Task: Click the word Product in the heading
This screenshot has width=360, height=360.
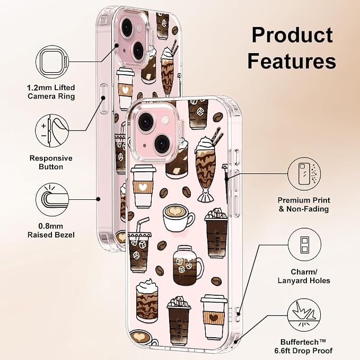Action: tap(292, 35)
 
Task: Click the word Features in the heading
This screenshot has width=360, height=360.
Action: tap(292, 61)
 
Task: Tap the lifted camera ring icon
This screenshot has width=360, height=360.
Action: tap(52, 62)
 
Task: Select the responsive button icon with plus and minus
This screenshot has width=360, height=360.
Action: tap(52, 131)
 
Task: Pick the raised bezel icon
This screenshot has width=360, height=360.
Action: tap(52, 199)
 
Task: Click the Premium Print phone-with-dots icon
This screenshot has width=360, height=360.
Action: tap(304, 174)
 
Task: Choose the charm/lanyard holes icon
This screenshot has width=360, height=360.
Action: tap(304, 244)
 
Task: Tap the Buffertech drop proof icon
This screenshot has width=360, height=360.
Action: tap(304, 315)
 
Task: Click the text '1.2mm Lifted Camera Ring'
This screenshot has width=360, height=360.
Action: tap(51, 92)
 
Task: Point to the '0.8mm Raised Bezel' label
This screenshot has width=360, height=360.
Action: tap(51, 231)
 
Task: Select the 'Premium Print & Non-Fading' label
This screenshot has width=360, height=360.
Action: tap(304, 205)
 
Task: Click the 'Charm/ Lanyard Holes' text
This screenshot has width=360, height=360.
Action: tap(304, 276)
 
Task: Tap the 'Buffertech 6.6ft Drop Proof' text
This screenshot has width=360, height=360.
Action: tap(303, 346)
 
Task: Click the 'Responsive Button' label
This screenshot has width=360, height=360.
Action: tap(51, 162)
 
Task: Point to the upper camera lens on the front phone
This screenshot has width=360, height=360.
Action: tap(146, 121)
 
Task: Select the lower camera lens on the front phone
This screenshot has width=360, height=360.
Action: tap(162, 144)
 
